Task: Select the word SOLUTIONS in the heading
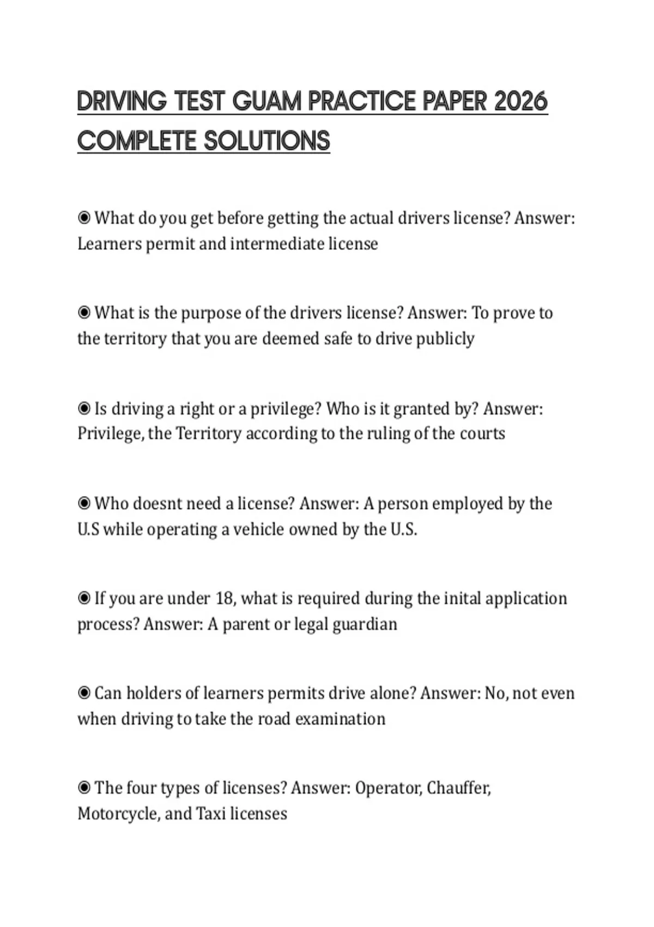[267, 141]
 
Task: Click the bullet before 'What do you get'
[84, 218]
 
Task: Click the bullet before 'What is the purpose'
[84, 313]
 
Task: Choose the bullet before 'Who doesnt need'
[84, 503]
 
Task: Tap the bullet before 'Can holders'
[84, 693]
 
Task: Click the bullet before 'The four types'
[84, 788]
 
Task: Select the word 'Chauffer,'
[459, 788]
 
